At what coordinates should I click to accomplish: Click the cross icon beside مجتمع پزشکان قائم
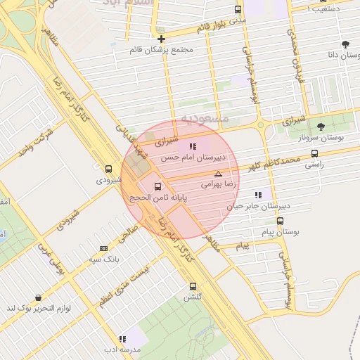coord(162,39)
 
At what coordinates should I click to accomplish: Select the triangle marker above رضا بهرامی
coord(218,173)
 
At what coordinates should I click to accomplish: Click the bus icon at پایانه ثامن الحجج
coord(157,187)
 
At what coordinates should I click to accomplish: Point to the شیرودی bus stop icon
coord(108,169)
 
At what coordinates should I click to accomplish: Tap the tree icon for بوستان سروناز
coord(321,127)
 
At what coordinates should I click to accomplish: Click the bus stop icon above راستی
coord(314,153)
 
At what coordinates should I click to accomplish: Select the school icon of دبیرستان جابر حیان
coord(258,195)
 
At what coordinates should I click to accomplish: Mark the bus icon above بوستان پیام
coord(281,221)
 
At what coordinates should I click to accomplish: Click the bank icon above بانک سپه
coord(103,248)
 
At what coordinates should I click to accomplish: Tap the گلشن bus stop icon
coord(193,286)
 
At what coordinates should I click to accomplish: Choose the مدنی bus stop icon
coord(238,10)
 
